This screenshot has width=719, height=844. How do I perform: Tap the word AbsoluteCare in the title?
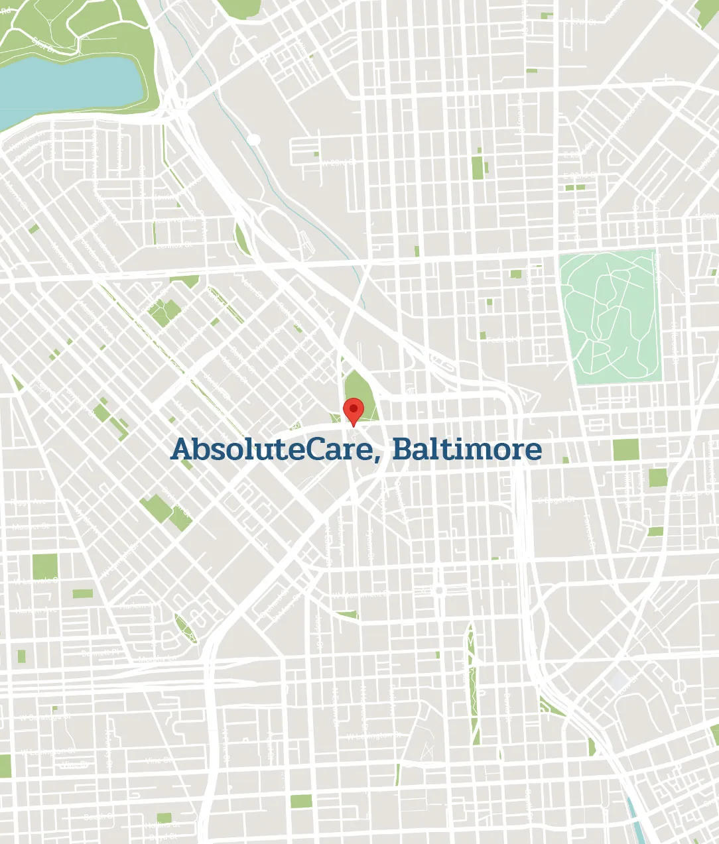pos(268,450)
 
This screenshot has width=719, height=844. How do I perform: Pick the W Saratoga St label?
pos(45,717)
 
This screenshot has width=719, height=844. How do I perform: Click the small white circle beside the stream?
pos(253,139)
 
